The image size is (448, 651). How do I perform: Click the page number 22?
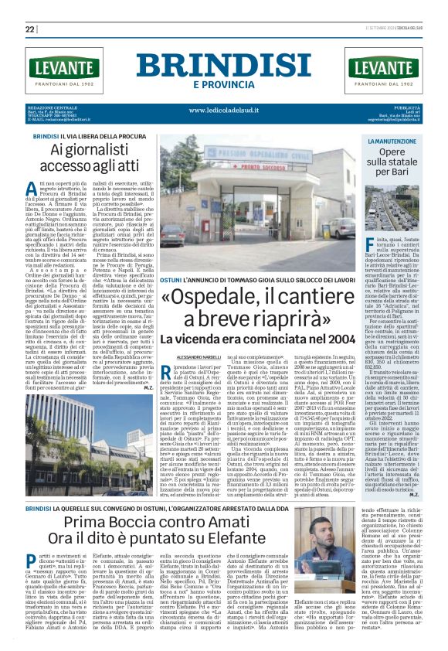click(31, 29)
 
